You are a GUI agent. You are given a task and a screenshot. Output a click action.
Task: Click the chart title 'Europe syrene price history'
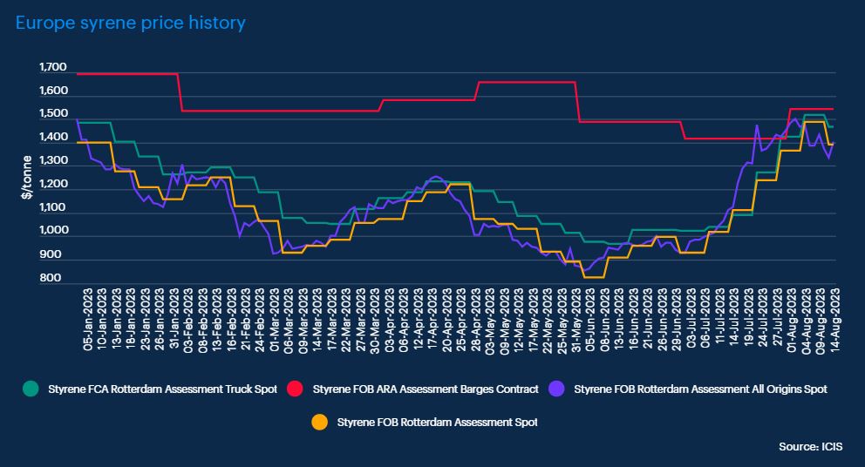(131, 24)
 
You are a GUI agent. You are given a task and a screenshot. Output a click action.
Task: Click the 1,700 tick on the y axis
(52, 68)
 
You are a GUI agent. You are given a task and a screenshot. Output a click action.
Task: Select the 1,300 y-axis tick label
(52, 161)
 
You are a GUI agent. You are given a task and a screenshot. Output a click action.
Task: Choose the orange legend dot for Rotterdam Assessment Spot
(319, 423)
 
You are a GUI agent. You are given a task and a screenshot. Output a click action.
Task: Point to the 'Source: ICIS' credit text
(810, 446)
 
